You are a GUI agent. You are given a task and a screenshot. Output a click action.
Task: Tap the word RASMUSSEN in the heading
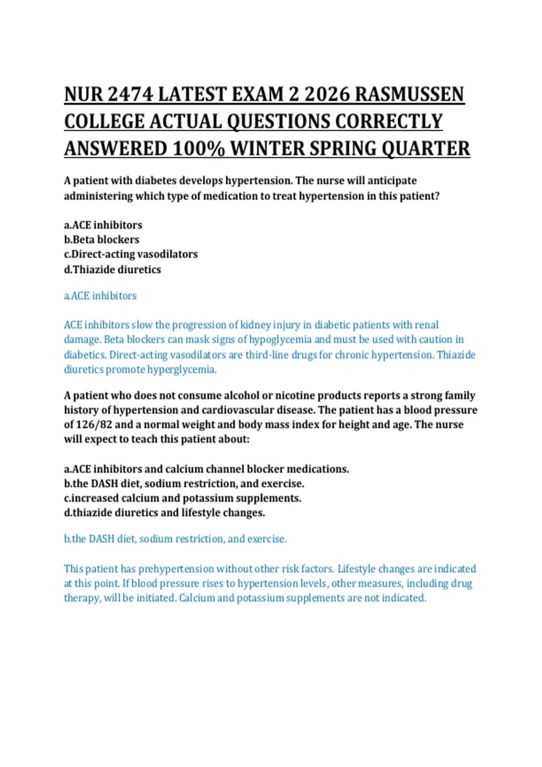pos(409,94)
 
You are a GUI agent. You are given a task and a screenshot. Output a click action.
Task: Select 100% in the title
pos(198,148)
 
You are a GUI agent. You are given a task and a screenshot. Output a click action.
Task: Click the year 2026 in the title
pos(327,94)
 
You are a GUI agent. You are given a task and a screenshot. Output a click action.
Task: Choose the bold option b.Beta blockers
pos(102,240)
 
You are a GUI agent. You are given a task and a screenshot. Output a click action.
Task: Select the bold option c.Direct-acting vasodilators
pos(131,254)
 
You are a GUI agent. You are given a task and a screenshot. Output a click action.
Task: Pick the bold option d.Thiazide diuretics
pos(112,269)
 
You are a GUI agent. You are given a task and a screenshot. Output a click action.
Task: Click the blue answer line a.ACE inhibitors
pos(100,296)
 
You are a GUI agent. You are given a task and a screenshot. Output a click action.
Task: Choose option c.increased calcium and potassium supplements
pos(182,498)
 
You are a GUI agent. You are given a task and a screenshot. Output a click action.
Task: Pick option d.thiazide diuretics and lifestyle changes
pos(164,513)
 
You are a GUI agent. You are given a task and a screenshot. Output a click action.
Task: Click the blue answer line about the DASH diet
pos(175,539)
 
